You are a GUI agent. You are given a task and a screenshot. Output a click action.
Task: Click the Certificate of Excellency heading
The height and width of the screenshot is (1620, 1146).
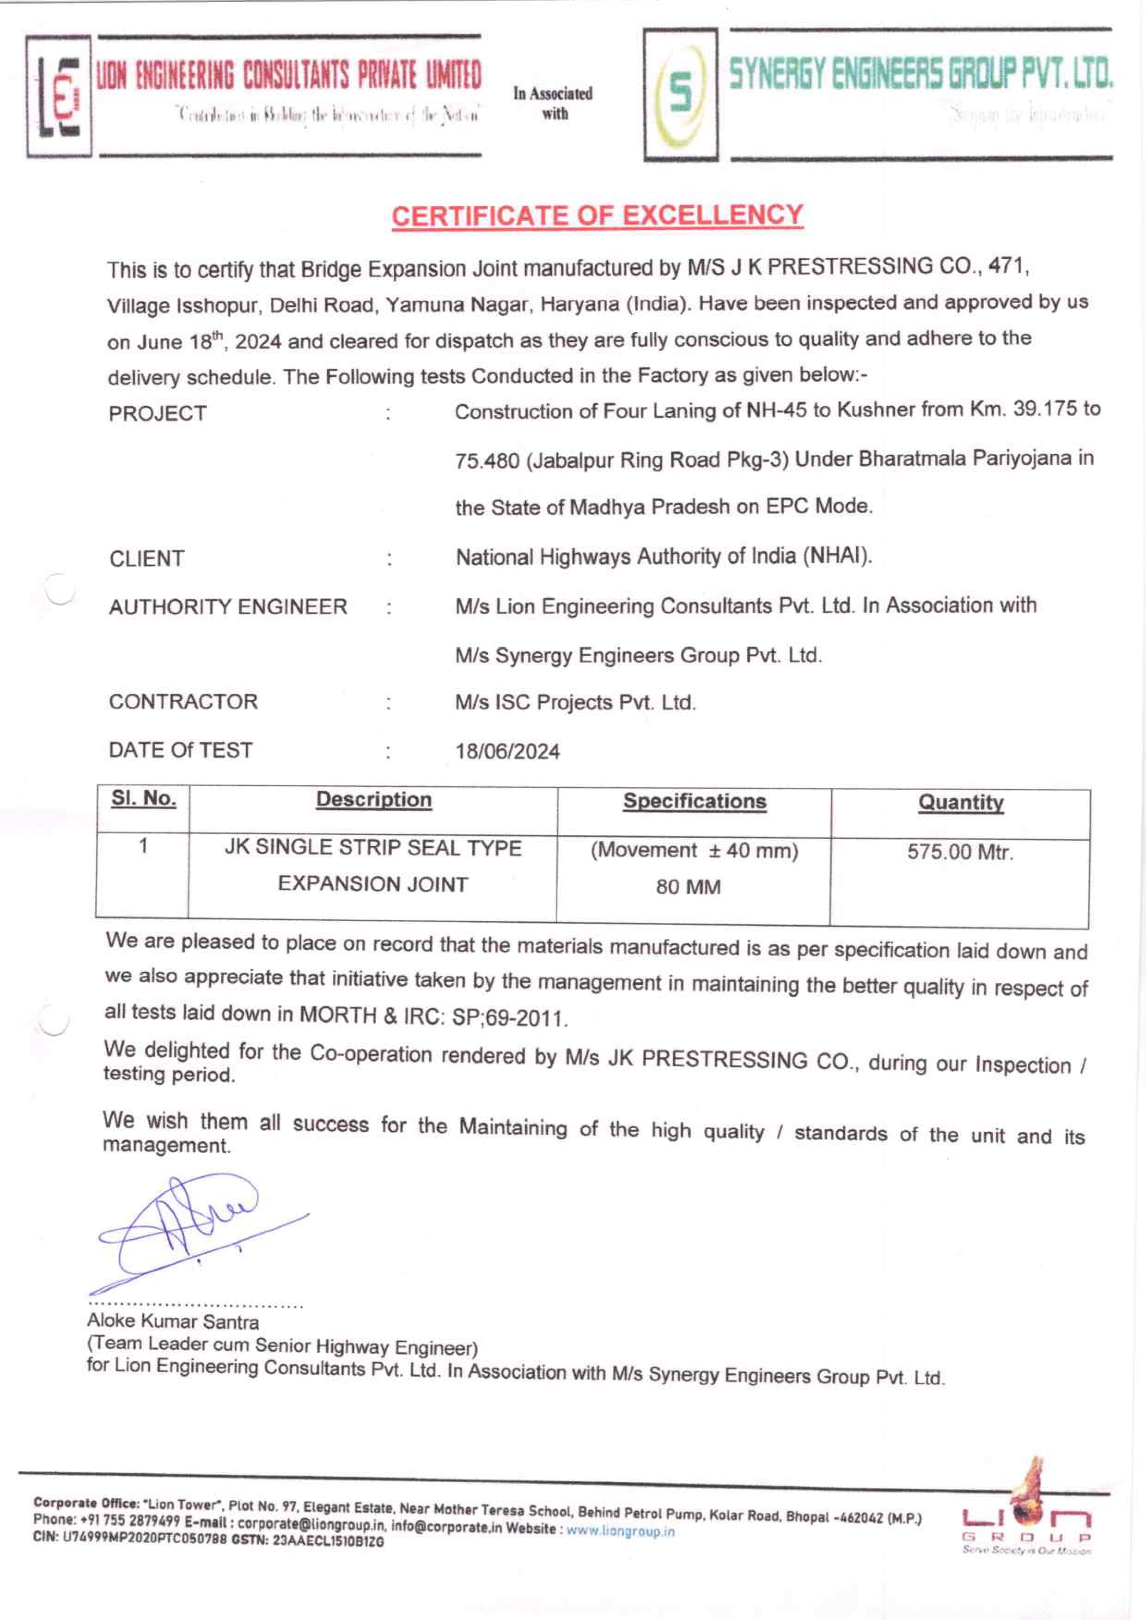click(x=597, y=215)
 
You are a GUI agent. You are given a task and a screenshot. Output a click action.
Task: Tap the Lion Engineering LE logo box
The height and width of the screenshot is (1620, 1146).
click(x=59, y=96)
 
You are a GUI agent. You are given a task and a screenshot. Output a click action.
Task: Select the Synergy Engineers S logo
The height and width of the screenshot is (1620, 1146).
click(x=680, y=95)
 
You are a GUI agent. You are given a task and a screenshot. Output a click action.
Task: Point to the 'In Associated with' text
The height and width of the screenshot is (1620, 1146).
click(x=553, y=103)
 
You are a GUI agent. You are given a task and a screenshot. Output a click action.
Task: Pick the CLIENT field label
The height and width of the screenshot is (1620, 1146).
click(x=147, y=558)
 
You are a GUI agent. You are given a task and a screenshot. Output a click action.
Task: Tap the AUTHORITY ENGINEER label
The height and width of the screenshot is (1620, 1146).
click(x=227, y=606)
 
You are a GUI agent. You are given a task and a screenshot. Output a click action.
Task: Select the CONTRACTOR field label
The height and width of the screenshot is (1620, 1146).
click(x=183, y=702)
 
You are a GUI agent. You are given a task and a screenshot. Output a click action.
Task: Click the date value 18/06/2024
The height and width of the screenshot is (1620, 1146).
click(x=507, y=751)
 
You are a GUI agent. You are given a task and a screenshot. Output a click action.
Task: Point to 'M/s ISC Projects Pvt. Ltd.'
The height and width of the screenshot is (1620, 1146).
click(x=575, y=703)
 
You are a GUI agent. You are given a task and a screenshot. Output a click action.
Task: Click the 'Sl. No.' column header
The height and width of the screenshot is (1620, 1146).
click(x=143, y=799)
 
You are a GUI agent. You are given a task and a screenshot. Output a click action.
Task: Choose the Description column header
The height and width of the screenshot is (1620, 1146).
click(x=373, y=800)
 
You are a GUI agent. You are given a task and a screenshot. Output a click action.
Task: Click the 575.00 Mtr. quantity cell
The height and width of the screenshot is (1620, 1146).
click(x=960, y=852)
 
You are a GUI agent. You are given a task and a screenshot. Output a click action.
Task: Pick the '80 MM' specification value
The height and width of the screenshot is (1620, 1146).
click(x=688, y=886)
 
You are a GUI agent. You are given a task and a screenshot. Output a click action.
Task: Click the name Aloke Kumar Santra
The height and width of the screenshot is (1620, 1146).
click(x=173, y=1321)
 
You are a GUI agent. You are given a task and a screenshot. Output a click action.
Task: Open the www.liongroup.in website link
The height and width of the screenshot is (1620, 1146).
click(x=620, y=1531)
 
